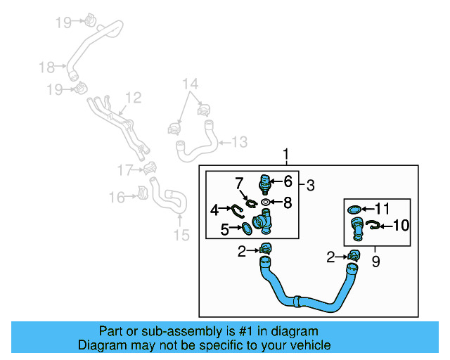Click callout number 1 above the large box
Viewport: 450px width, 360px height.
(286, 155)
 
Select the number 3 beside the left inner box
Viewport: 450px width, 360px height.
(310, 186)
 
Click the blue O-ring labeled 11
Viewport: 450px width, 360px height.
(356, 209)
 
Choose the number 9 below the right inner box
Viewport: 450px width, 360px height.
(375, 261)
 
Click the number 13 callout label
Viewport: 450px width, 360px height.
(239, 143)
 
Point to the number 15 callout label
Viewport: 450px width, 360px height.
(181, 235)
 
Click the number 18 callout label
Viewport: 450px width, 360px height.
(46, 67)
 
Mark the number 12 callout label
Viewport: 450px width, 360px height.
(133, 98)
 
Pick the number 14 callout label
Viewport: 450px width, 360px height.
(190, 85)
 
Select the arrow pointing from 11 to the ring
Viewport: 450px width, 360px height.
(368, 209)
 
